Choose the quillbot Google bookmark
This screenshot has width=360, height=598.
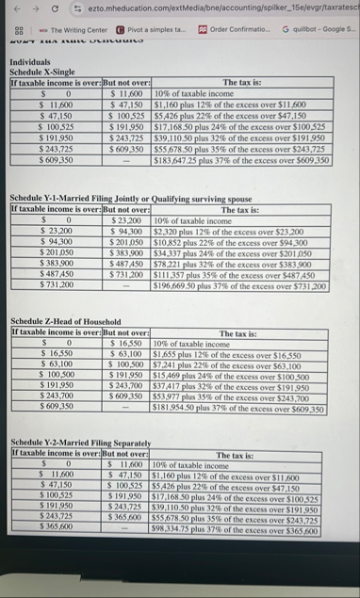(x=316, y=31)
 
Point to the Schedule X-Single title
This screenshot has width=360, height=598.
(x=43, y=71)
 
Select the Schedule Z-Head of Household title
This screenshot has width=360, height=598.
(x=63, y=321)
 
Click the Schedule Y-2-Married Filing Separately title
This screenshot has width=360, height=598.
(x=76, y=442)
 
